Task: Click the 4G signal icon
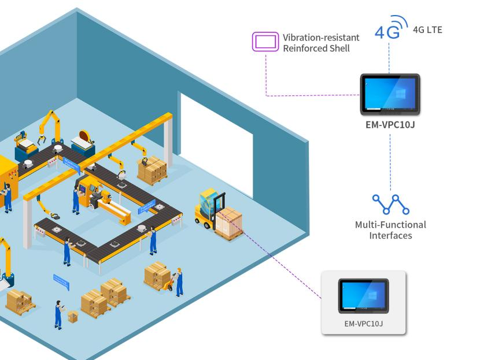tap(387, 27)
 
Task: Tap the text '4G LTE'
tap(427, 29)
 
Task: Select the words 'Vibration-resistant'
tap(321, 38)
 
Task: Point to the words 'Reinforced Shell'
tap(316, 49)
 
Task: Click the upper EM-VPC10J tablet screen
tap(389, 94)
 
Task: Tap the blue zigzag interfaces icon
tap(390, 204)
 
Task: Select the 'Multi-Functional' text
tap(390, 225)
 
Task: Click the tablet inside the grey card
tap(364, 296)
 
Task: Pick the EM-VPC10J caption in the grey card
tap(364, 324)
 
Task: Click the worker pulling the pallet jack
tap(179, 281)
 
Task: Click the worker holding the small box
tap(58, 314)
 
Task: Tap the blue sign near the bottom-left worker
tap(61, 283)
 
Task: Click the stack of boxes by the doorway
tap(152, 169)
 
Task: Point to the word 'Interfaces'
tap(390, 236)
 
